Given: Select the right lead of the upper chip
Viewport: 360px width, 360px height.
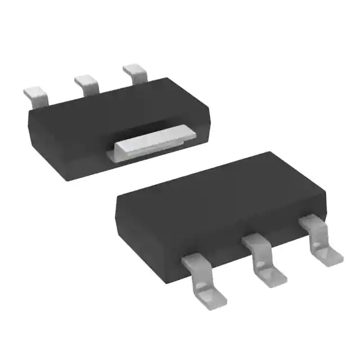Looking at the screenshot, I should [135, 73].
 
